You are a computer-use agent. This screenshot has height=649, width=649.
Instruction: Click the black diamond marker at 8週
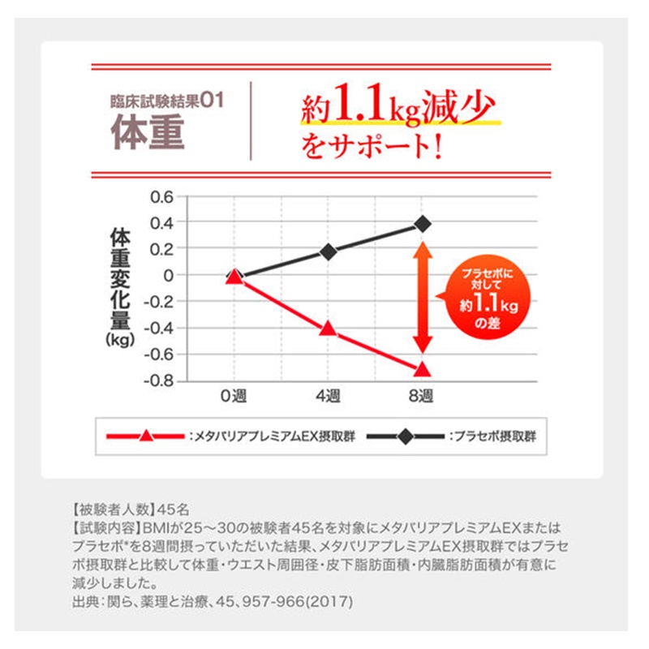[x=422, y=224]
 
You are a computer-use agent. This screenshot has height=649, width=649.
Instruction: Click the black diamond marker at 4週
[x=328, y=251]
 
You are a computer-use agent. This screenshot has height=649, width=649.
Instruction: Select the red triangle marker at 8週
[x=422, y=369]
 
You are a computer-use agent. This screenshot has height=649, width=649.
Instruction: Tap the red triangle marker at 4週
[x=328, y=329]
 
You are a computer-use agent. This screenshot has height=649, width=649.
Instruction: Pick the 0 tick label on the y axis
[x=169, y=276]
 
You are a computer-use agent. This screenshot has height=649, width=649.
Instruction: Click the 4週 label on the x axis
[x=328, y=398]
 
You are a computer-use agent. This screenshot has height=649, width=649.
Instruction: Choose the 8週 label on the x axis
[x=422, y=398]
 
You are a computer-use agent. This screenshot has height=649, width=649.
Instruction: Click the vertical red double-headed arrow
[x=422, y=296]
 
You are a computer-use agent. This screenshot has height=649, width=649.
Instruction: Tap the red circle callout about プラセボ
[x=484, y=297]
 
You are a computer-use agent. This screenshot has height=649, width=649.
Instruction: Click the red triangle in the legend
[x=146, y=436]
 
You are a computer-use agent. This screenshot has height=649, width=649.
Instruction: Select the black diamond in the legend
[x=403, y=436]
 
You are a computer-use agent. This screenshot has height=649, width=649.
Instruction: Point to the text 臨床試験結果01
[x=166, y=102]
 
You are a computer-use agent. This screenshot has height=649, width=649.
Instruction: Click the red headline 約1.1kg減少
[x=398, y=107]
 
